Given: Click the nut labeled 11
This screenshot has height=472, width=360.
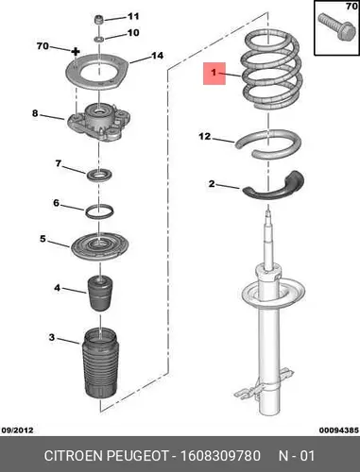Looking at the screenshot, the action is pos(99,20).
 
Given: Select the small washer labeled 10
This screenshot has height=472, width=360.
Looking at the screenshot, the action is pos(99,39).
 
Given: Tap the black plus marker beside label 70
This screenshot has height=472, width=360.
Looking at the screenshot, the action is pos(76,51).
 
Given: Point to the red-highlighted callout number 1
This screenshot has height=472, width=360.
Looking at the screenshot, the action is pos(214,73).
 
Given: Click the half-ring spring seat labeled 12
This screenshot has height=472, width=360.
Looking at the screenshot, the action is pos(267,144).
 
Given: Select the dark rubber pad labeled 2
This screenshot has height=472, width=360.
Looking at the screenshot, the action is pos(273,186).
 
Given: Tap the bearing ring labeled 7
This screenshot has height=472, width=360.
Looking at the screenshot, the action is pos(99,175).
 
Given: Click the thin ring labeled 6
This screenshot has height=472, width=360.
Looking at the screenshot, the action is pos(99,211).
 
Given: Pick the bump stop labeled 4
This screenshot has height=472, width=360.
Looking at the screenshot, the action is pos(99,294).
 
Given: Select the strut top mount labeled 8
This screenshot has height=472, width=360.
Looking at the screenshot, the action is pos(98,122).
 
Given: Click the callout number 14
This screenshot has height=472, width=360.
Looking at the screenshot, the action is pos(158,56).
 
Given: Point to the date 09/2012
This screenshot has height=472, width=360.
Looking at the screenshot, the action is pos(17,430).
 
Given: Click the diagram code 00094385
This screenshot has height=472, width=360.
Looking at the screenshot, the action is pos(339,430).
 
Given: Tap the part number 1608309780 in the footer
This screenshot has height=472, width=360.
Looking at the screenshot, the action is pos(220,456).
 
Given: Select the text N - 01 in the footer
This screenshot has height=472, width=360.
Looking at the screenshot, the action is pos(297,456).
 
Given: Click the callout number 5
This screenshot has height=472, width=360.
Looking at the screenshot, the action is pos(43,239).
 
